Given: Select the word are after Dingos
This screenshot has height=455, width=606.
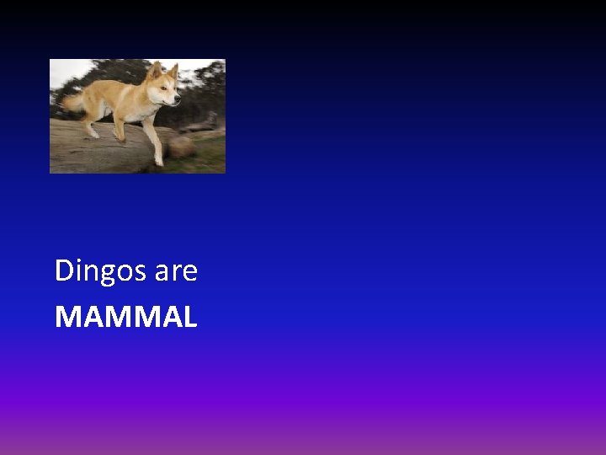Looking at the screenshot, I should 176,272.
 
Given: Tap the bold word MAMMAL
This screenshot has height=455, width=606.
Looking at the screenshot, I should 125,317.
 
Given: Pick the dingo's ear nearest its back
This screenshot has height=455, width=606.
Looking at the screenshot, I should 154,71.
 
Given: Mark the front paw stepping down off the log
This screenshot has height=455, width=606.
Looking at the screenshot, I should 158,161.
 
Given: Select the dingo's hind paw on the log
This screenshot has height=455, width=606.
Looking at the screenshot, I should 93,133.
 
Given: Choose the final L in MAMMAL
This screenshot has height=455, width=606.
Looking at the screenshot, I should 189,317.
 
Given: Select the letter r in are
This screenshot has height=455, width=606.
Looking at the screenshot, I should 176,272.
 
